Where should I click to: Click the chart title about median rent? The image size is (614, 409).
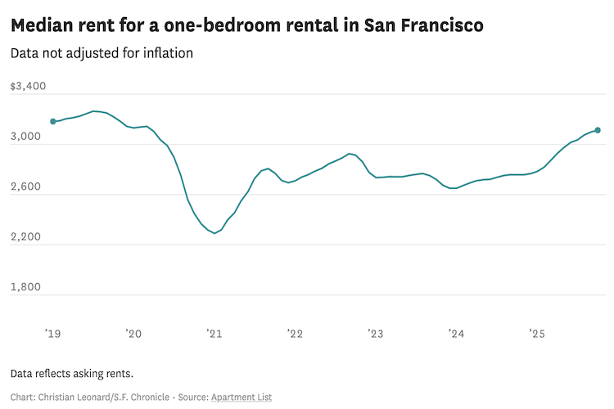[246, 25]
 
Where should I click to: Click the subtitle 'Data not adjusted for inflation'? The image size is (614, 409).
[102, 54]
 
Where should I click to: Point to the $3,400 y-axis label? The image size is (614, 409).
[29, 87]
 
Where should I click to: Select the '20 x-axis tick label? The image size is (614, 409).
[133, 334]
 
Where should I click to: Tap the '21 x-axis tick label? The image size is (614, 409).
[214, 334]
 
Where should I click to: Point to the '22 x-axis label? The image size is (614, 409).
[295, 334]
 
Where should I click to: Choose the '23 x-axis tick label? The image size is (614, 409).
[376, 334]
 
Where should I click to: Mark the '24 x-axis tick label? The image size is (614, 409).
[456, 334]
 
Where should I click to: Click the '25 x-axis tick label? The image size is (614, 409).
[537, 334]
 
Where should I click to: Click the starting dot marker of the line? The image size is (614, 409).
[53, 121]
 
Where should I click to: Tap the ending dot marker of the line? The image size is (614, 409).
[598, 130]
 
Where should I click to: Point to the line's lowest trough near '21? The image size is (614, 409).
[214, 233]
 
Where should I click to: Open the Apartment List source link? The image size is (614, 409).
[242, 397]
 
